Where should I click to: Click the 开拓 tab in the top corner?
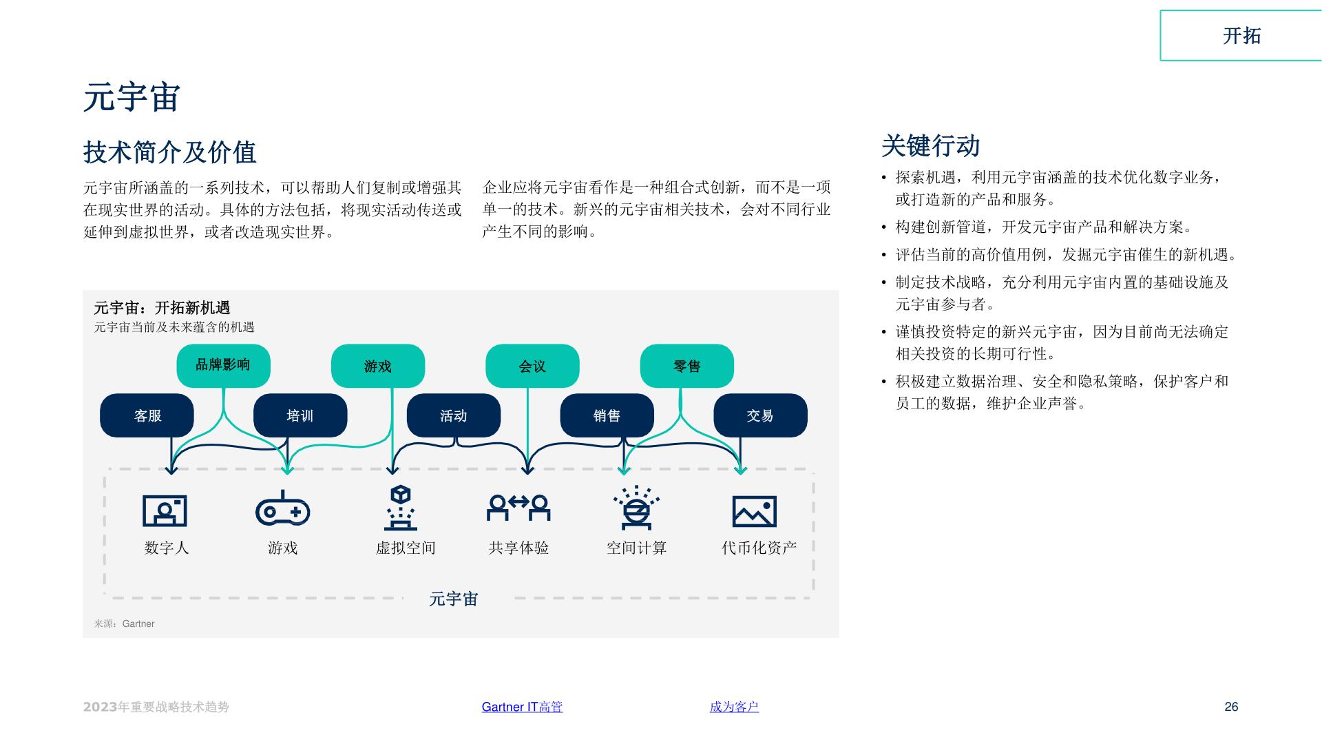click(x=1241, y=36)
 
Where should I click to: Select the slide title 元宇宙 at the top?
click(x=132, y=97)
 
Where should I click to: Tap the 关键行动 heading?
click(x=930, y=146)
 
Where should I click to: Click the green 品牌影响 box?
click(x=223, y=365)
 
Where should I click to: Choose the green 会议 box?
click(x=532, y=366)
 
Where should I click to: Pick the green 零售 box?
click(x=686, y=366)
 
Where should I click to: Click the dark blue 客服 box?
click(x=147, y=415)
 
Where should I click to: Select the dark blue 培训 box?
click(x=300, y=415)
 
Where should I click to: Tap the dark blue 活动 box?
click(x=454, y=415)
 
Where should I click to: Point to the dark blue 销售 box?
click(x=607, y=415)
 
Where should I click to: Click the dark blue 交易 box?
click(x=760, y=415)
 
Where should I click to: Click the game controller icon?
click(x=282, y=509)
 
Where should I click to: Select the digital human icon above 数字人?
click(x=165, y=510)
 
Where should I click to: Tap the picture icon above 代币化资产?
click(x=754, y=511)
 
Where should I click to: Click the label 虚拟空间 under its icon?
click(x=406, y=548)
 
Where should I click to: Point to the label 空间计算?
click(x=637, y=548)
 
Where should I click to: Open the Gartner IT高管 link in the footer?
click(x=522, y=707)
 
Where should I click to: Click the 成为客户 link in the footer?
click(x=734, y=707)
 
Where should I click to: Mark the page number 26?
click(x=1231, y=707)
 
